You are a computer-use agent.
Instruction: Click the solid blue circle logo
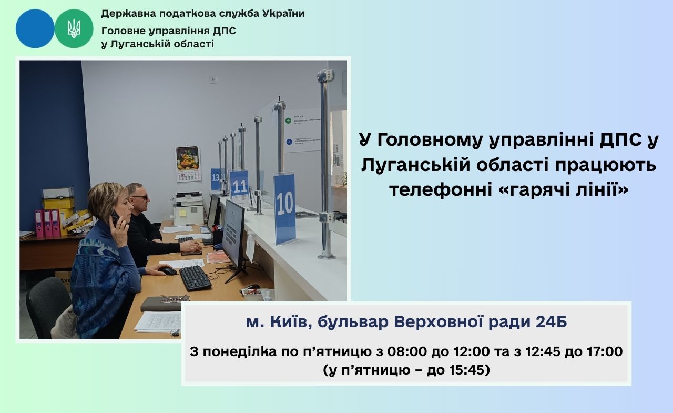35,28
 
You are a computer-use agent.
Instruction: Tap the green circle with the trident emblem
74,28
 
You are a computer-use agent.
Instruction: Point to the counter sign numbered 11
239,186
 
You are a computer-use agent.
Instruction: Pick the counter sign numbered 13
216,179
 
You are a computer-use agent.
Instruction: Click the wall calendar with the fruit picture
188,164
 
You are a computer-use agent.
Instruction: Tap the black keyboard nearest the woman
195,278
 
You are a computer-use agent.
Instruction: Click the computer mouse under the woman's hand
168,271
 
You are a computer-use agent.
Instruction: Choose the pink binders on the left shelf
47,223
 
